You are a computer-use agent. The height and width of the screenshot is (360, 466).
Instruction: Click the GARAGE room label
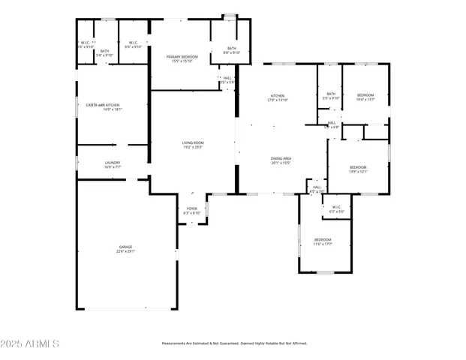coord(125,246)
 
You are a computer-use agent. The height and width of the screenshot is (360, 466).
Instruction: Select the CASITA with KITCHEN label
coord(103,105)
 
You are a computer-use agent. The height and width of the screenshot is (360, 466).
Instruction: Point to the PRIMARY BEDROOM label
coord(182,57)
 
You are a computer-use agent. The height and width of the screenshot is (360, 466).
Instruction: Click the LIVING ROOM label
coord(193,142)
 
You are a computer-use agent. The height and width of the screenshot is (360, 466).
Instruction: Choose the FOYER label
coord(191,208)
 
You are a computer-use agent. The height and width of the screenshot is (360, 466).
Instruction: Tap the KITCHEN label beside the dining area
coord(278,95)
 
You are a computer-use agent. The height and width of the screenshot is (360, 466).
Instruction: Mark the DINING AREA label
coord(281,158)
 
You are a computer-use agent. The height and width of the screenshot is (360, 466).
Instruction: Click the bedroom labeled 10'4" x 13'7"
coord(365,95)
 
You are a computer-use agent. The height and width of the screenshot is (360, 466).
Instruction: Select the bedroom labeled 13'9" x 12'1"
coord(358,166)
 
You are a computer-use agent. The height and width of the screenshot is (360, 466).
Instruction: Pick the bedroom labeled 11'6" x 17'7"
coord(323,240)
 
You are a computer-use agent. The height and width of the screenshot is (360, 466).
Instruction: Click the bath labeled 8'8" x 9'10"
coord(232,48)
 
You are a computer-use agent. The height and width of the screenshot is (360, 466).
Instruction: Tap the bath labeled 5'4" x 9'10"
coord(105,50)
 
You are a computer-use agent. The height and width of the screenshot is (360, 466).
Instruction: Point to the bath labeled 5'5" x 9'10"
coord(331,94)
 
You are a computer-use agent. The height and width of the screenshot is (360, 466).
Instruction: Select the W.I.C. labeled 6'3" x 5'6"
coord(336,208)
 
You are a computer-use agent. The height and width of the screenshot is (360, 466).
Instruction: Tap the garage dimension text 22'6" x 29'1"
coord(125,251)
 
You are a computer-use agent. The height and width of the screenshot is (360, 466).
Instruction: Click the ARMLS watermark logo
coord(30,343)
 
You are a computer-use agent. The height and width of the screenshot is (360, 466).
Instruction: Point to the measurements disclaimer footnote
coord(234,343)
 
